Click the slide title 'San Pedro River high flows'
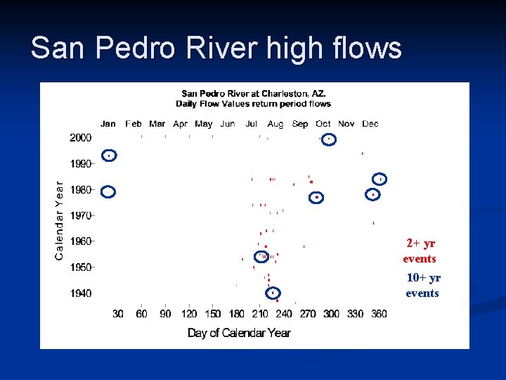216,49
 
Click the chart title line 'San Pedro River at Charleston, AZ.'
253,93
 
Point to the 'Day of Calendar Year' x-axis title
239,332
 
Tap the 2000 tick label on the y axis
80,138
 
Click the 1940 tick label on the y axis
80,293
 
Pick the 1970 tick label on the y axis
80,215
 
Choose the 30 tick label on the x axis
117,314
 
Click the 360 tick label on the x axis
379,314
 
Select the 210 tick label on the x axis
260,314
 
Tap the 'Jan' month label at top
108,124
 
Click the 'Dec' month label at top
370,124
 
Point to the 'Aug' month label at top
275,124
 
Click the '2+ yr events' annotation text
420,251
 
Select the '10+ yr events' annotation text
422,286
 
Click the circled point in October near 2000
328,139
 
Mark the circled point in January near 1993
109,156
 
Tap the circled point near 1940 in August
273,292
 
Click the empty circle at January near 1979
108,191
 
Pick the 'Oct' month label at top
323,124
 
